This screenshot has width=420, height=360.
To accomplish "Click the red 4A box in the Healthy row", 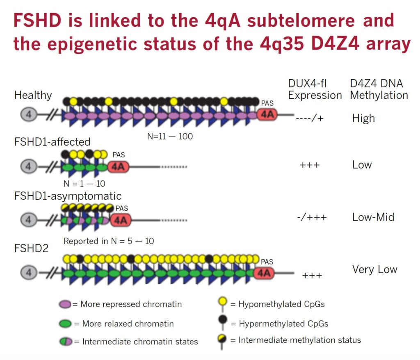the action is tap(267, 115).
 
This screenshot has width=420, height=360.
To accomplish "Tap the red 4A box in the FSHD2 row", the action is tap(264, 273).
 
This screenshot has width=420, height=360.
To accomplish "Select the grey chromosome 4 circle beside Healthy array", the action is tap(29, 115).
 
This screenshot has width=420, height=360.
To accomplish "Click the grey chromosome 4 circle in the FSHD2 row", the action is tap(29, 273).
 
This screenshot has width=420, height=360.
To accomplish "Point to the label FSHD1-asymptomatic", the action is tap(68, 196).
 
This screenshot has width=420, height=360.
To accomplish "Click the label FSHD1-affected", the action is tap(52, 142).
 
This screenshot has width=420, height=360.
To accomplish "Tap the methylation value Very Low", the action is tap(374, 269).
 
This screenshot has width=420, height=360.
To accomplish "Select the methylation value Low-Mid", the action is tap(373, 217).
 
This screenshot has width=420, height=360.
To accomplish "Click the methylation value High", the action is tap(363, 118).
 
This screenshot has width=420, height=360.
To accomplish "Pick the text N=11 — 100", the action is tap(170, 137).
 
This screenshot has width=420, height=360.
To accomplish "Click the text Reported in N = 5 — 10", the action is tap(108, 241).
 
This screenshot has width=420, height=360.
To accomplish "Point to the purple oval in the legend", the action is tap(65, 304).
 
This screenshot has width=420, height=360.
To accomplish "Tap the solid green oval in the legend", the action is tap(65, 324).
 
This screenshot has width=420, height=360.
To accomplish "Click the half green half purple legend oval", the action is tap(66, 342).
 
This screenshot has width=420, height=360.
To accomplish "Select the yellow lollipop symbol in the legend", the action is tap(222, 304).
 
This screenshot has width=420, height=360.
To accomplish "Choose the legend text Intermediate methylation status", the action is tap(299, 340).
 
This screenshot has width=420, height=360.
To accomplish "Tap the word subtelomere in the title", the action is tap(301, 21).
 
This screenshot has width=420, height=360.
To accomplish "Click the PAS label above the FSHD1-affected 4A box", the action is tap(119, 155).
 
